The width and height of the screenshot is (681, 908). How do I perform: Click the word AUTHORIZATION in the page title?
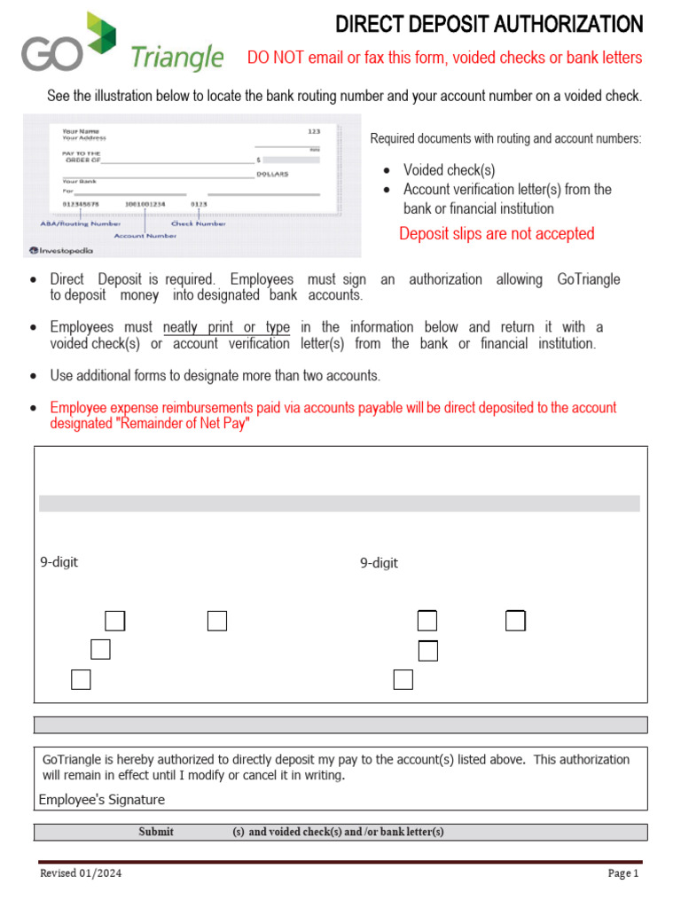click(x=564, y=24)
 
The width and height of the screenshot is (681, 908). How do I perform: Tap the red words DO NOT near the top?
click(x=271, y=58)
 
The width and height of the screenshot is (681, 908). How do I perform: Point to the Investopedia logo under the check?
click(x=60, y=250)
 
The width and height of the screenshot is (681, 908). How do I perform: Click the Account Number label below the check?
click(x=145, y=236)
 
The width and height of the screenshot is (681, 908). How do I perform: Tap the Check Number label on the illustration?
click(x=198, y=223)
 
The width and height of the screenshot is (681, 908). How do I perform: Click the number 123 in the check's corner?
click(x=313, y=131)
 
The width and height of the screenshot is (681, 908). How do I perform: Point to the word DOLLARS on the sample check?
click(x=272, y=174)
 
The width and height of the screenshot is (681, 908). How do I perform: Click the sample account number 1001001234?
click(x=145, y=205)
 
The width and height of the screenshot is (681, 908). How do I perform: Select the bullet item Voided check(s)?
click(x=449, y=170)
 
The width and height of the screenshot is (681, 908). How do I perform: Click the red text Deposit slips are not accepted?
click(x=497, y=234)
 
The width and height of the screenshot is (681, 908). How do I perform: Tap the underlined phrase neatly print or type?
click(x=226, y=328)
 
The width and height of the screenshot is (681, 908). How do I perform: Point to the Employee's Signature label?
click(x=101, y=800)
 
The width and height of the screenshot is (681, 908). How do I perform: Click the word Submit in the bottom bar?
click(x=156, y=832)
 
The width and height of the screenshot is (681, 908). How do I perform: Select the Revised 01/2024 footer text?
click(x=81, y=873)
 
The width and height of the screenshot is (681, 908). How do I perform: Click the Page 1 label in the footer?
click(x=622, y=873)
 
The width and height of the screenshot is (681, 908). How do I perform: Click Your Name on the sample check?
click(x=80, y=131)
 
